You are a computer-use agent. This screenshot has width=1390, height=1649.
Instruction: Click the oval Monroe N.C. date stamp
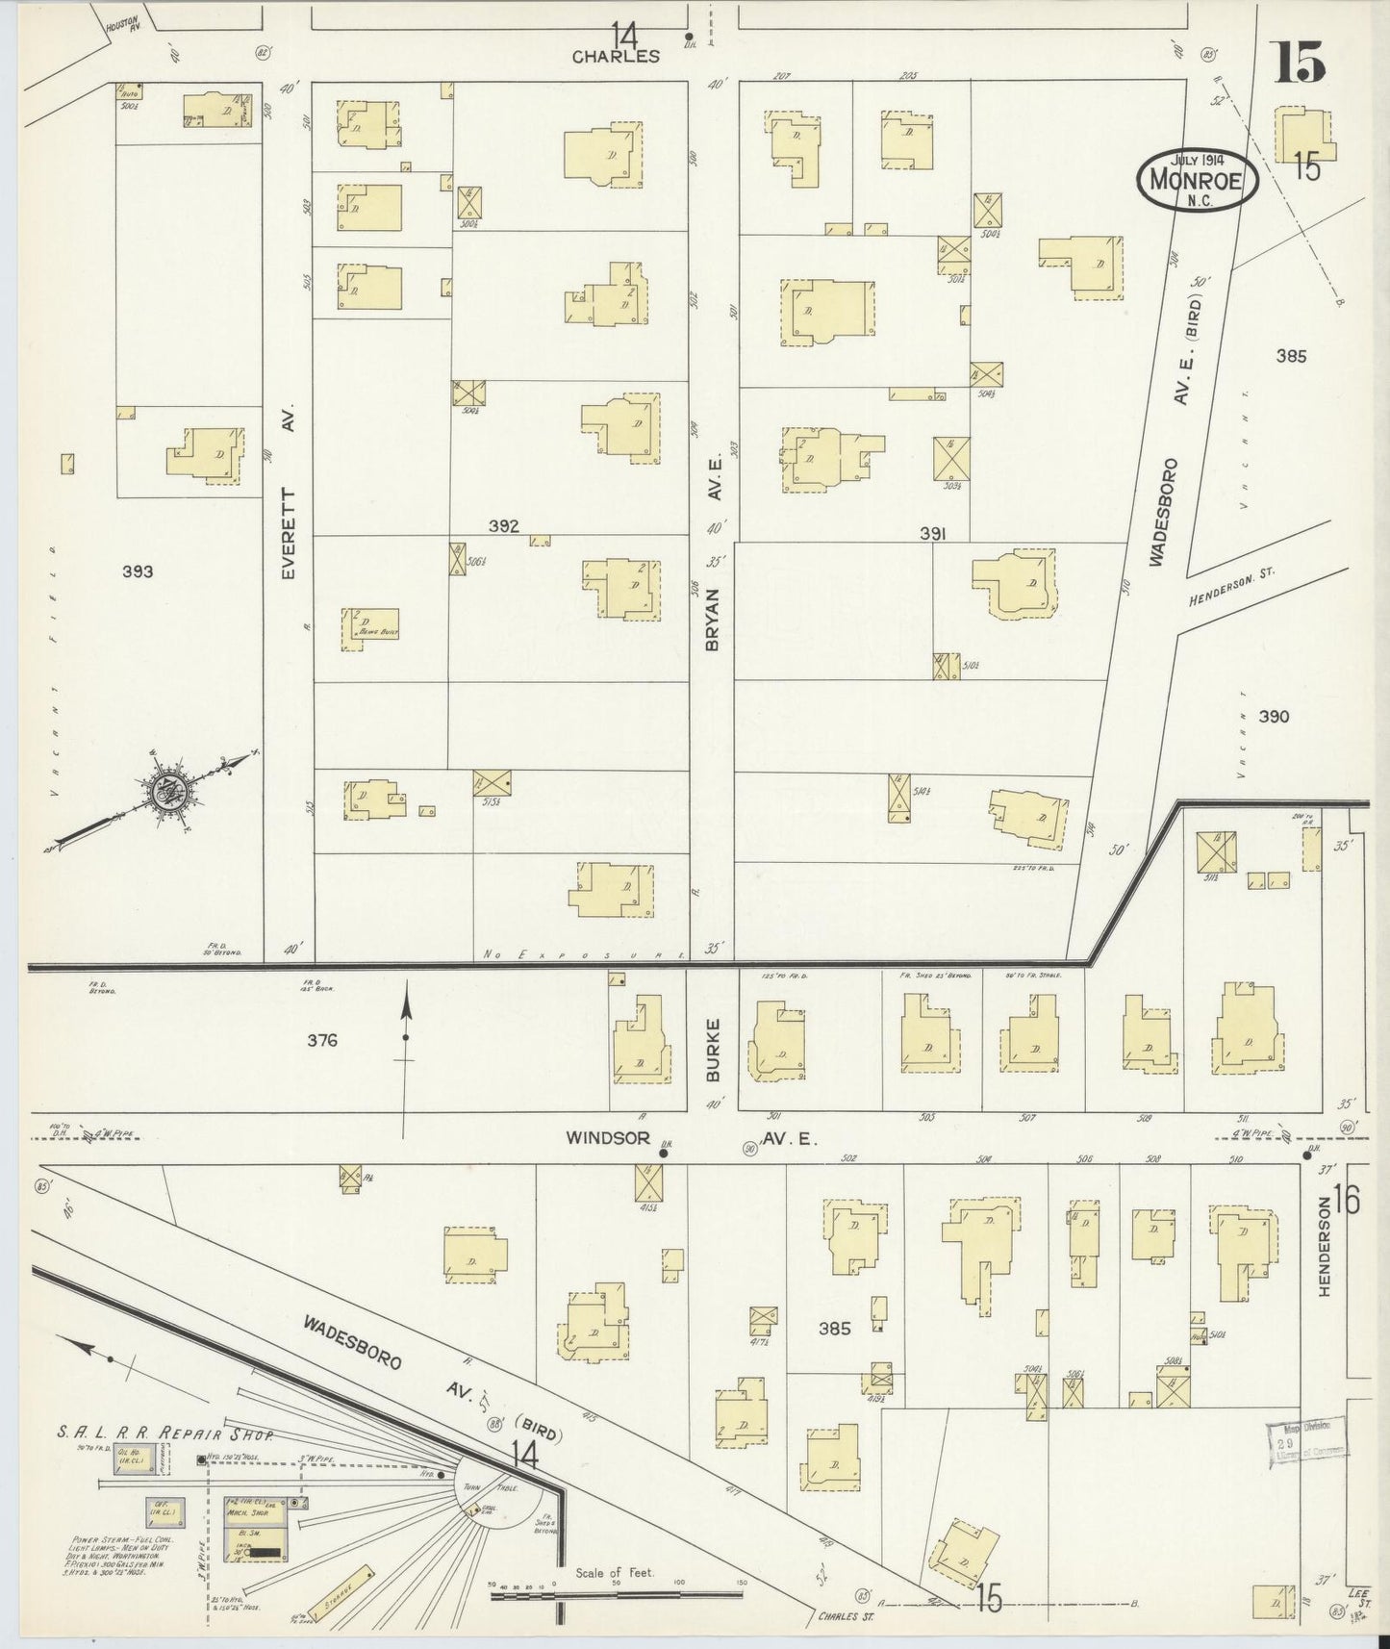[x=1198, y=178]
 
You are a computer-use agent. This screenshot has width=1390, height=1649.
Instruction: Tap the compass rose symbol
[x=164, y=791]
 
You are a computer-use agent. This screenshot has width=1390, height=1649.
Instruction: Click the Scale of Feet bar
[x=616, y=1594]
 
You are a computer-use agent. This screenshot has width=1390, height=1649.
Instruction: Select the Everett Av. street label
[x=289, y=492]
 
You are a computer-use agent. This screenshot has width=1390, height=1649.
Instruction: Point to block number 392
[x=503, y=526]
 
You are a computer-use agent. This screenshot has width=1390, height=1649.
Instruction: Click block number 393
[x=138, y=571]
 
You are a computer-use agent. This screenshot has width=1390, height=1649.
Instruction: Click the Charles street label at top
[x=616, y=56]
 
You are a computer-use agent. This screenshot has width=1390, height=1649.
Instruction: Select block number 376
[x=322, y=1040]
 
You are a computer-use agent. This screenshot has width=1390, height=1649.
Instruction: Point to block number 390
[x=1273, y=717]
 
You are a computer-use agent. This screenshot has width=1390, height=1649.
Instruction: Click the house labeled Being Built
[x=370, y=627]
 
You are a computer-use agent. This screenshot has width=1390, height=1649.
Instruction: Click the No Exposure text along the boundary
[x=582, y=955]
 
